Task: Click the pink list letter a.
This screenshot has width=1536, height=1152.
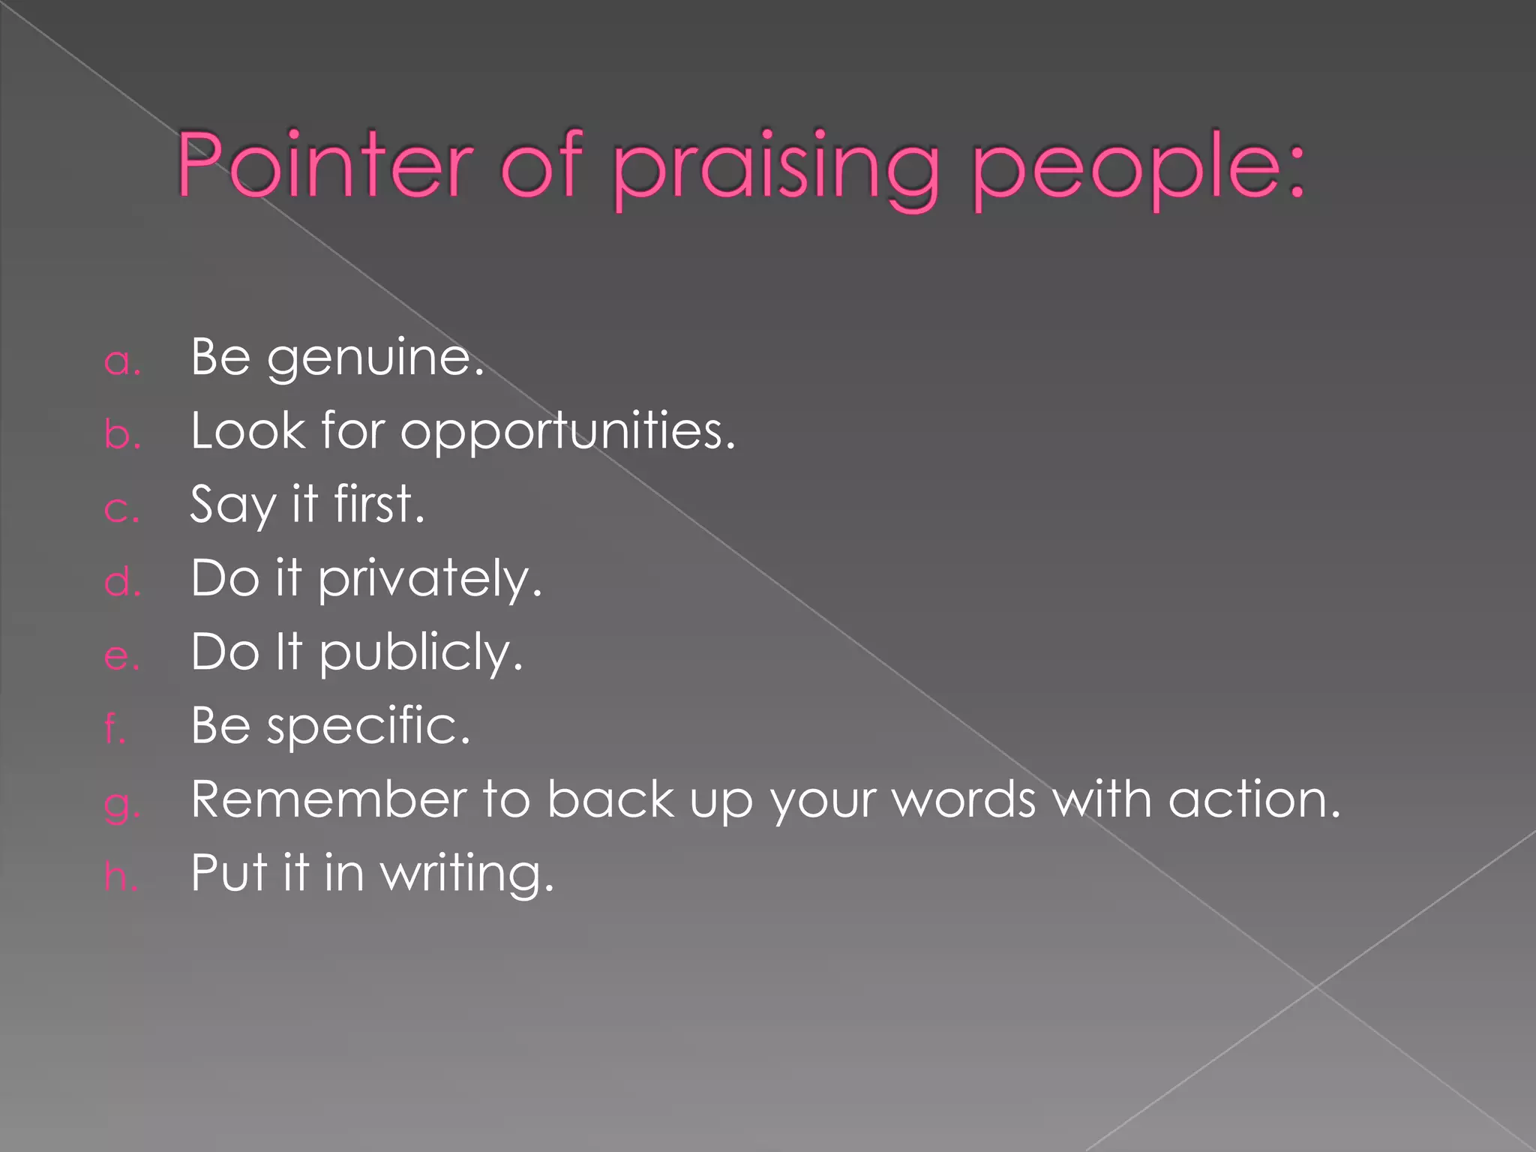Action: tap(121, 361)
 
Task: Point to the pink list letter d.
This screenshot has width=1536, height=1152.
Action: tap(122, 581)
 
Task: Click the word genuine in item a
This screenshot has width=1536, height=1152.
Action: tap(375, 358)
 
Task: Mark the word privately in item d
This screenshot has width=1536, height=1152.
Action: tap(429, 580)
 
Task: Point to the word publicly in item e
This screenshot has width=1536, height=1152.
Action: tap(420, 653)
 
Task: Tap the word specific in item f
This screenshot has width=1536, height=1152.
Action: tap(368, 727)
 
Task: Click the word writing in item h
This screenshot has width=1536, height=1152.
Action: tap(466, 874)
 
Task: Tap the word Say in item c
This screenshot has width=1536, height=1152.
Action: tap(232, 505)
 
